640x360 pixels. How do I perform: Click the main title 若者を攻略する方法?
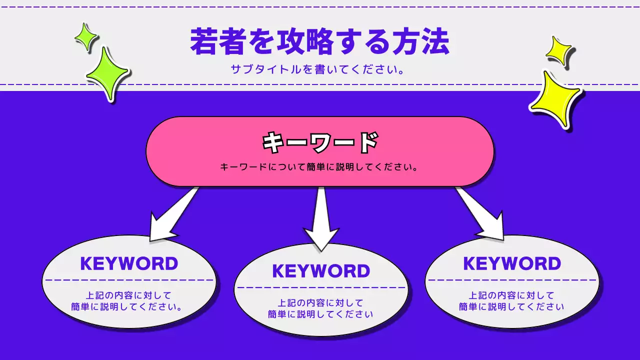319,42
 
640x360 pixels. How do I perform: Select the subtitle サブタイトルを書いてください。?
317,69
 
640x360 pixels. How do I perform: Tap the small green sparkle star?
86,37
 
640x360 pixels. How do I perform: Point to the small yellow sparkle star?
558,50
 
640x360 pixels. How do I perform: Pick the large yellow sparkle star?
555,99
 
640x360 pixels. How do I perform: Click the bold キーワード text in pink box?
320,142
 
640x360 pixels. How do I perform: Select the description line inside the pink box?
319,166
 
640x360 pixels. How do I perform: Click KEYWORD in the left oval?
129,263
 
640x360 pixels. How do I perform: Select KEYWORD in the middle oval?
321,271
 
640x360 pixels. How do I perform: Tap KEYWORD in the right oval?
512,263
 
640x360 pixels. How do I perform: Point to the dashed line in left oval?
129,280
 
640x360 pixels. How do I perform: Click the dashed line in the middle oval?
321,287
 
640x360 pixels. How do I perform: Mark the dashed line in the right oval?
512,280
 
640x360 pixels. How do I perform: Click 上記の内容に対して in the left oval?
129,295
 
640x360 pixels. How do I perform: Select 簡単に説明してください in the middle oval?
320,314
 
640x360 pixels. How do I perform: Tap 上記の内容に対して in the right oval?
511,295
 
